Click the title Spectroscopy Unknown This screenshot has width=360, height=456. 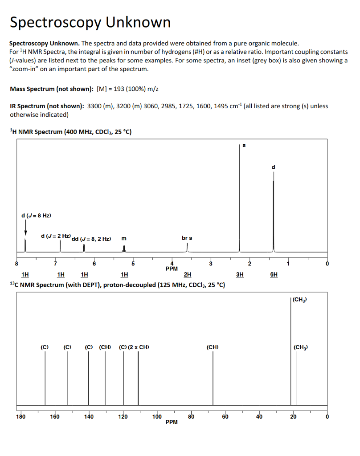click(x=90, y=22)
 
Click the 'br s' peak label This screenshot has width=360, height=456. click(x=187, y=238)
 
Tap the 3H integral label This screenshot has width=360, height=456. click(x=240, y=275)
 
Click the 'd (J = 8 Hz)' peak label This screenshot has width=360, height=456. click(x=36, y=216)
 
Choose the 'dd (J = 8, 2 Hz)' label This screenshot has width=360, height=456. click(x=91, y=239)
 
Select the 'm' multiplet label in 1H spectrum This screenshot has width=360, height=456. click(x=123, y=239)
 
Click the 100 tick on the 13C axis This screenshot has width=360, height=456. click(x=157, y=417)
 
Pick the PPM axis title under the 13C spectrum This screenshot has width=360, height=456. click(x=172, y=422)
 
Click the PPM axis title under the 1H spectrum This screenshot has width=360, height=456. click(x=172, y=269)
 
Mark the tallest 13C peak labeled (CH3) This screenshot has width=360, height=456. click(x=291, y=352)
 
